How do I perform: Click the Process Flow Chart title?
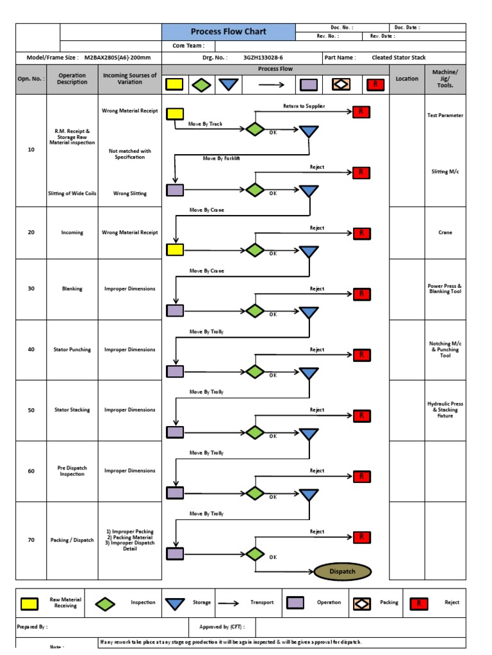228,32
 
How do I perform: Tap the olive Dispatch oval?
342,571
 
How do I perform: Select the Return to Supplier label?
304,106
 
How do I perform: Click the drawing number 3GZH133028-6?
263,58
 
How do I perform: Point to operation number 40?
31,350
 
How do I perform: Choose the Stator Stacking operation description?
72,410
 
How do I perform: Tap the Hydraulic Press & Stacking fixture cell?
445,410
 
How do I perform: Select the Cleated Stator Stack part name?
398,58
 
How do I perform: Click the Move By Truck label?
206,124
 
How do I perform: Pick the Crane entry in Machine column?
445,233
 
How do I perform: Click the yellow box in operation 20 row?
175,249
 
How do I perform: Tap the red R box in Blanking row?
361,294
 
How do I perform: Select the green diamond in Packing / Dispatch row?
255,554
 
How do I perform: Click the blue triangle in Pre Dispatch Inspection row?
309,495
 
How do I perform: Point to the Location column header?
407,79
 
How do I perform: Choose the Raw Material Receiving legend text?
65,603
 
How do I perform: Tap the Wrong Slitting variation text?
129,193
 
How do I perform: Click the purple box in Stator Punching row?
175,371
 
